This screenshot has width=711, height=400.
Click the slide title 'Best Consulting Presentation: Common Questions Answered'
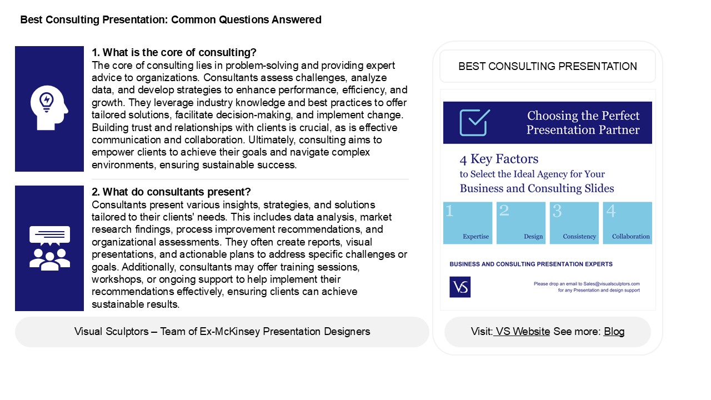coord(171,20)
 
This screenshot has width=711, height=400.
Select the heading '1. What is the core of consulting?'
coord(174,53)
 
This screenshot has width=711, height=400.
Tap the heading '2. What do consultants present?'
coord(171,192)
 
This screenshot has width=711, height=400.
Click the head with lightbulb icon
coord(49,109)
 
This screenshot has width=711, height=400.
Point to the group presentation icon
coord(49,248)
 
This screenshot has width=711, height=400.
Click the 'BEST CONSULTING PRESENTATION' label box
coord(547,67)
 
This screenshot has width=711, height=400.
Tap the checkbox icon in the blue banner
coord(475,122)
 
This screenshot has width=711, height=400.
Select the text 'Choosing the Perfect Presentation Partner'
coord(583,123)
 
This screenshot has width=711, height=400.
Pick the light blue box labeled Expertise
coord(468,223)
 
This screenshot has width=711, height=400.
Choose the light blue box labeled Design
coord(521,223)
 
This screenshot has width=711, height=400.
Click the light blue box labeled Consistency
coord(574,223)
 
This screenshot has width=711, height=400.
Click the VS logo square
coord(460,287)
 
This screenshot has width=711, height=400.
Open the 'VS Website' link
coord(522,332)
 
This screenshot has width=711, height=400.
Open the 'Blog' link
coord(614,332)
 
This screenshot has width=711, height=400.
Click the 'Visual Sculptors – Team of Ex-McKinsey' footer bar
coord(222,332)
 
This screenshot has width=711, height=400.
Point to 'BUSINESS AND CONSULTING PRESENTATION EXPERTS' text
coord(531,264)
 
